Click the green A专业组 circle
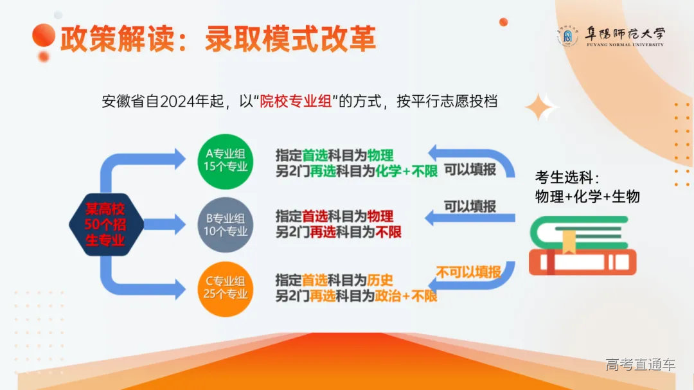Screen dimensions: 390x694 click(225, 161)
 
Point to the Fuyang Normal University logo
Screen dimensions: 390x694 click(610, 37)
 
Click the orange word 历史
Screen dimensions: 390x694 click(380, 280)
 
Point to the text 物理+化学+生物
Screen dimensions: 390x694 click(587, 196)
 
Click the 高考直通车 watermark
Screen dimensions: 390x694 click(640, 365)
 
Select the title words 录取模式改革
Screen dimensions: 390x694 click(290, 40)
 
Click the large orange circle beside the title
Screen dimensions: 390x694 click(44, 35)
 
